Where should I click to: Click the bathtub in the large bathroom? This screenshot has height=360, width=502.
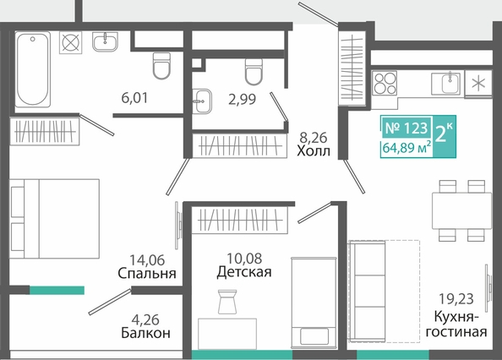click(x=33, y=69)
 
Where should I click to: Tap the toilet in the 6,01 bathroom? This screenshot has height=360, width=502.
click(x=161, y=66)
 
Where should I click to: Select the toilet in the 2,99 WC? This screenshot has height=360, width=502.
click(x=254, y=72)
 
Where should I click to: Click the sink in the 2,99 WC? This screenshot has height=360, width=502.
click(x=202, y=101)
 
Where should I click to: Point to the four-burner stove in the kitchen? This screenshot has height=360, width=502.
click(x=385, y=83)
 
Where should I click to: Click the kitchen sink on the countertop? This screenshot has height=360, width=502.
click(x=446, y=84)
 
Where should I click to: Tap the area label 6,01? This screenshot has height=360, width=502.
click(x=134, y=97)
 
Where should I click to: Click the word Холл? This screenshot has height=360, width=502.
click(x=313, y=150)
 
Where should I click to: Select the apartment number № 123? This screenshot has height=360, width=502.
click(x=407, y=128)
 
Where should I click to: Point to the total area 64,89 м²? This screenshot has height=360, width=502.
click(x=407, y=148)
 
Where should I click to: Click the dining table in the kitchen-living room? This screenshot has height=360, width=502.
click(x=462, y=210)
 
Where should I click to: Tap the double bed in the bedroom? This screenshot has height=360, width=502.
click(x=54, y=219)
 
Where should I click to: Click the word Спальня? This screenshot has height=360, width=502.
click(x=147, y=274)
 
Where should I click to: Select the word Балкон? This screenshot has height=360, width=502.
click(x=145, y=333)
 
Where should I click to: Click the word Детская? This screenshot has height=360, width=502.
click(x=244, y=272)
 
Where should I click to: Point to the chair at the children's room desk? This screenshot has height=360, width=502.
click(x=227, y=302)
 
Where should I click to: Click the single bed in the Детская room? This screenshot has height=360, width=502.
click(x=314, y=303)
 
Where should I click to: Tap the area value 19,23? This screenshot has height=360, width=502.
click(x=456, y=299)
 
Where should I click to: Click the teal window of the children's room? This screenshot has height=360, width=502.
click(x=242, y=355)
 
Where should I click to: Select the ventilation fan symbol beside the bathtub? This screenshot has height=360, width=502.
click(x=70, y=42)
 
